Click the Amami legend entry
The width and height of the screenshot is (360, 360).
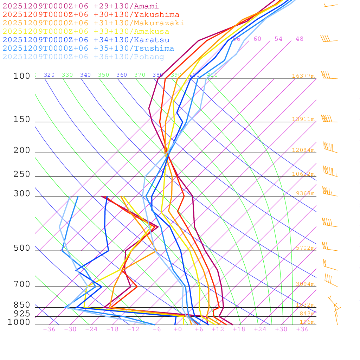coord(81,6)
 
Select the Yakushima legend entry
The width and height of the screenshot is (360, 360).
coord(91,15)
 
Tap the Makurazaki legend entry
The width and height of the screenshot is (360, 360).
coord(94,23)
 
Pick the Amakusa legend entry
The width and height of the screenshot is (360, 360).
coord(86,32)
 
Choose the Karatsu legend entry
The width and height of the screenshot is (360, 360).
coord(86,40)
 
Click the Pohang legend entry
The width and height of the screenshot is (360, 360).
coord(84,57)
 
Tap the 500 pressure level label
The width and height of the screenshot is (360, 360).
coord(22,248)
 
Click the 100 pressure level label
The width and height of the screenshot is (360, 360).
coord(22,76)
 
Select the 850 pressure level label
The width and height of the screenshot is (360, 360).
coord(22,305)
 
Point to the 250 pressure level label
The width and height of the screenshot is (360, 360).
coord(22,174)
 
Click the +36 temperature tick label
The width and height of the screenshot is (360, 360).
coord(302,329)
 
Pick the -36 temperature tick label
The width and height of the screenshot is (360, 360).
coord(49,329)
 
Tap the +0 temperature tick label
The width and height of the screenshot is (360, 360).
coord(178,329)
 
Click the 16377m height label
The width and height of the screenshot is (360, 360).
coord(303,76)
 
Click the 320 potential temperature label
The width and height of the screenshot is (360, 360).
coord(49,75)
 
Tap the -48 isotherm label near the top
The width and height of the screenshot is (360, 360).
coord(297,39)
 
